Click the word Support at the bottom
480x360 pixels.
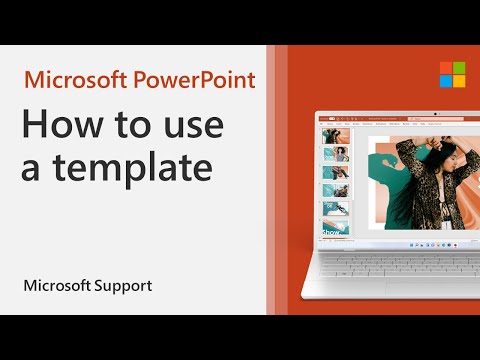click(125, 286)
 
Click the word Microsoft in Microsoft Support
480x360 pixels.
click(57, 286)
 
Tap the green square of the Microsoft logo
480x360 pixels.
click(445, 67)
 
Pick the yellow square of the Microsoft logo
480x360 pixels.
click(445, 83)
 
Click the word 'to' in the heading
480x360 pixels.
click(114, 128)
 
